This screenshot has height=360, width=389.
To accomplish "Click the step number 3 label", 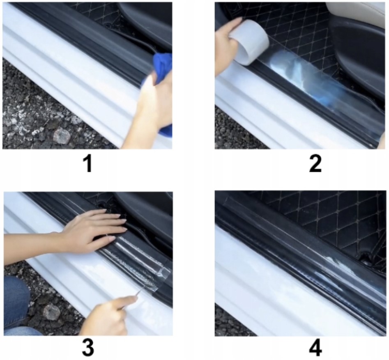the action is [x=88, y=347].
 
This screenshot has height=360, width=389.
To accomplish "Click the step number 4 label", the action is [x=315, y=347].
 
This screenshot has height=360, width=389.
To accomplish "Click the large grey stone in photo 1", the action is [x=62, y=135].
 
